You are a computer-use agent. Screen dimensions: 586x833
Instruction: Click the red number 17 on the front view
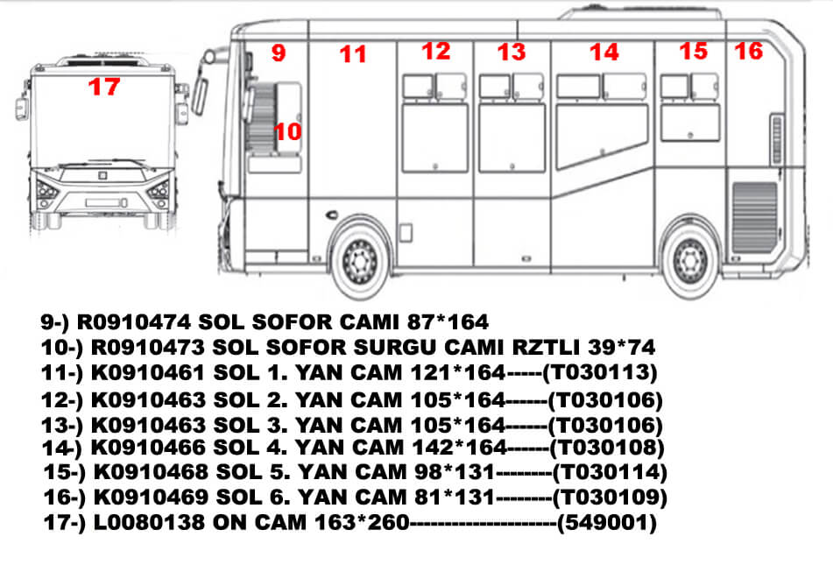[103, 87]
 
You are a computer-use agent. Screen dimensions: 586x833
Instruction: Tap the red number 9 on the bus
[278, 53]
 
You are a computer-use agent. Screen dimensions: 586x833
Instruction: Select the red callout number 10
[287, 132]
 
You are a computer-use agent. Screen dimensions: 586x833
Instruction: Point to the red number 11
[353, 55]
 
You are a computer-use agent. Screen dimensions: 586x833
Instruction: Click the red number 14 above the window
[604, 53]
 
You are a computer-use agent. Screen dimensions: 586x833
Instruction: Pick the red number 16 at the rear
[749, 51]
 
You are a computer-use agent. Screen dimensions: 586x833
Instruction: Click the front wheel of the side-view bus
[359, 257]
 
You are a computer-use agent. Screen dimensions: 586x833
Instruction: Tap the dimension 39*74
[623, 347]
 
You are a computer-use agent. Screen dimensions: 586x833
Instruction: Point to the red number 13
[512, 53]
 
